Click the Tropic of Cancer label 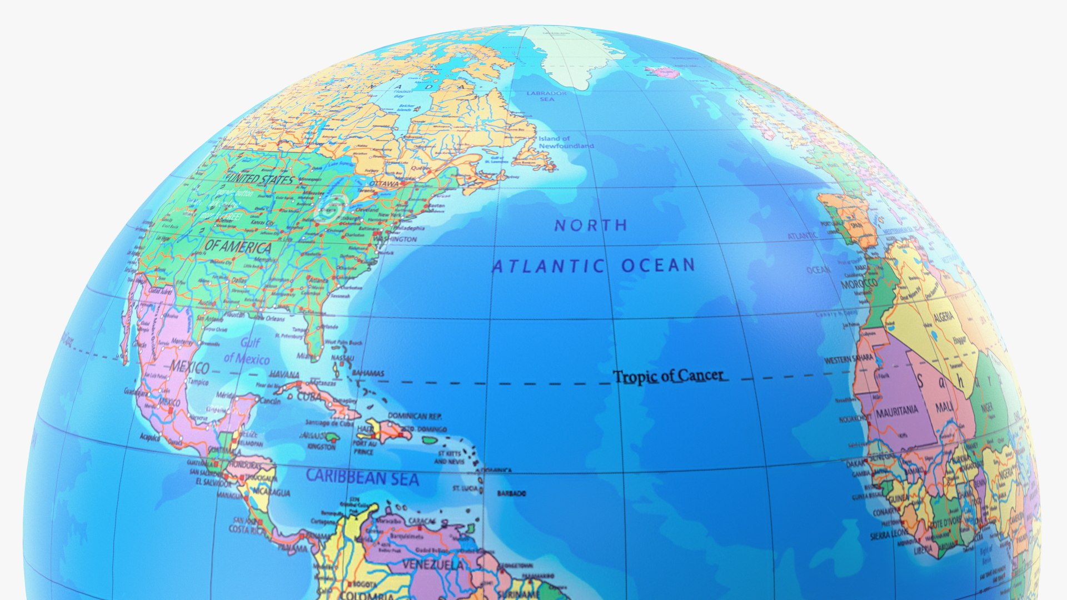[x=669, y=377]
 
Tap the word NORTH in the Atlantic [x=591, y=225]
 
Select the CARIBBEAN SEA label [x=362, y=477]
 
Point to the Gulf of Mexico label [x=247, y=351]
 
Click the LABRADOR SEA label [x=547, y=96]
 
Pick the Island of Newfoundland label [x=566, y=142]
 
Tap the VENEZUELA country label [x=433, y=565]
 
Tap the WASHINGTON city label [x=395, y=239]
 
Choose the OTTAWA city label [x=384, y=184]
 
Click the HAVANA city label [x=285, y=375]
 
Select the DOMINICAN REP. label [x=415, y=416]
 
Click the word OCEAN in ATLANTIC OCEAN [x=659, y=266]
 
